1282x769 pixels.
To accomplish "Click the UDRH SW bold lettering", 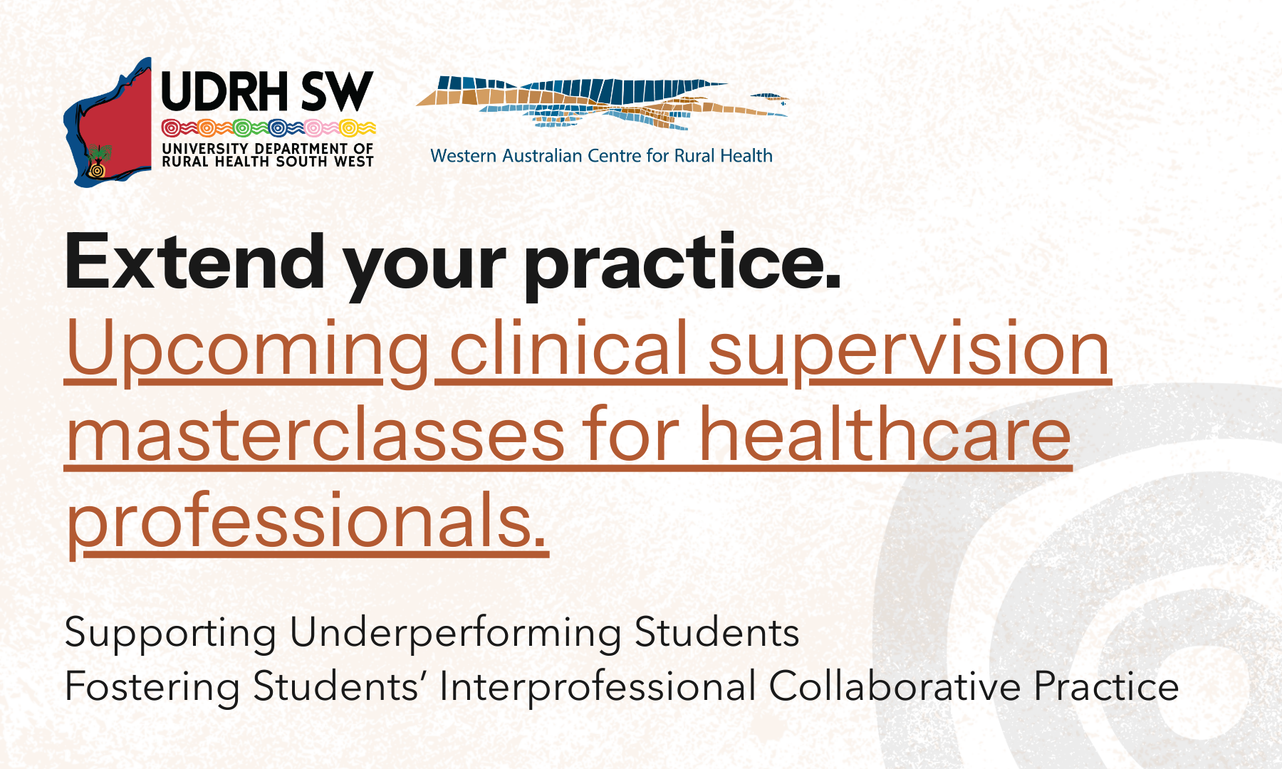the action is coord(267,92).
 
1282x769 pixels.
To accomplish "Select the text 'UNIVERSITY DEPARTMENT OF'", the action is coord(268,148).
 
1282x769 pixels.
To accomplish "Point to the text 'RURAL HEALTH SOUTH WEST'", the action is coord(268,162).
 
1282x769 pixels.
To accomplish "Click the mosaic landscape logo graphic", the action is coord(603,102).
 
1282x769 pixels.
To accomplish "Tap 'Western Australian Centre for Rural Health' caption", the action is coord(602,156).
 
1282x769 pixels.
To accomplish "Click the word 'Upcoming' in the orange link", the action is coord(248,351).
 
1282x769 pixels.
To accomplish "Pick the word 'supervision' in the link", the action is coord(910,351).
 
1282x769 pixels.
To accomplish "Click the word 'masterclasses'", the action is coord(316,435).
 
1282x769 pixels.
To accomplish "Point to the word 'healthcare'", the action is coord(885,433).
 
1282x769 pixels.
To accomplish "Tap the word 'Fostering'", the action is coord(152,687).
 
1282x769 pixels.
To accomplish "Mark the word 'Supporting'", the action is coord(171,633).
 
